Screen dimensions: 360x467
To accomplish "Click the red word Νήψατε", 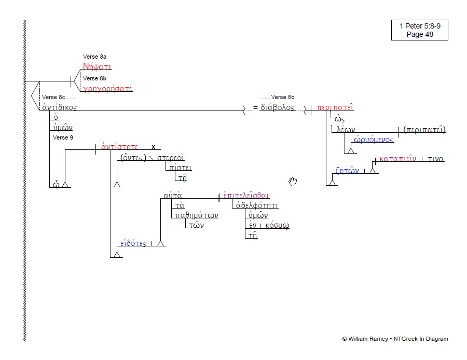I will pyautogui.click(x=97, y=67).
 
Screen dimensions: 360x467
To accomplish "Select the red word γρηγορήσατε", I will pyautogui.click(x=108, y=89).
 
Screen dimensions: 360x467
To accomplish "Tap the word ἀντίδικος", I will pyautogui.click(x=59, y=107).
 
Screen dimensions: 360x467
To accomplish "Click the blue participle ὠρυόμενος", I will pyautogui.click(x=374, y=140).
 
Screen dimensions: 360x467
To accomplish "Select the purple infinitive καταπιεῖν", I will pyautogui.click(x=398, y=159).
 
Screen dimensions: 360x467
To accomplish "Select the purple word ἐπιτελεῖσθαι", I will pyautogui.click(x=246, y=196).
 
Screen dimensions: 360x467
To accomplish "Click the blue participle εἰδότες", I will pyautogui.click(x=133, y=243).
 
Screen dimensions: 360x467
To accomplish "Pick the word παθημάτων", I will pyautogui.click(x=197, y=215).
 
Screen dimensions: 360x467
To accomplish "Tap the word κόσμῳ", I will pyautogui.click(x=277, y=225).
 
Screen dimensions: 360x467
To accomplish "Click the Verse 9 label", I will pyautogui.click(x=64, y=137).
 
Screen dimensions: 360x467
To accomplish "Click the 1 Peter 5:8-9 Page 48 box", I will pyautogui.click(x=419, y=30).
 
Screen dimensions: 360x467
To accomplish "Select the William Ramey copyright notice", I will pyautogui.click(x=395, y=339).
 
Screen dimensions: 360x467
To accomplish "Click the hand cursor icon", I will pyautogui.click(x=293, y=181).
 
